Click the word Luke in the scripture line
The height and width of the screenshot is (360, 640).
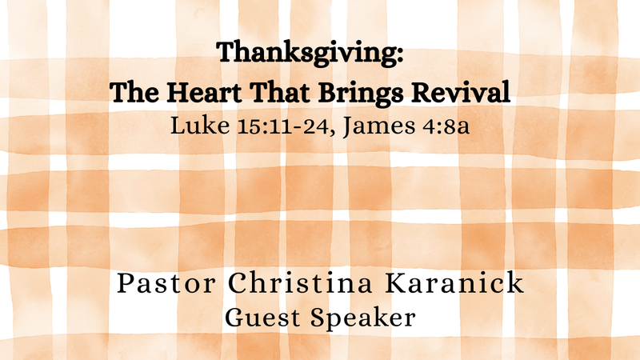coord(192,126)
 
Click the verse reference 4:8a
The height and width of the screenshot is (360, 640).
coord(438,126)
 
